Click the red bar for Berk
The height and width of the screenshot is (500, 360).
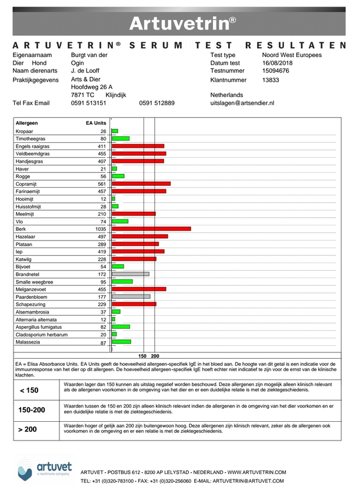coord(151,228)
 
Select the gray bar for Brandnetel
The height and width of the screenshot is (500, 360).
coord(130,274)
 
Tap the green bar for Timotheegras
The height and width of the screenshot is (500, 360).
coord(121,139)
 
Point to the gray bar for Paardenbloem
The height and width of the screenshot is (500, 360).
coord(131,297)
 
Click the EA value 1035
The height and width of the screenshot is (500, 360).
coord(101,228)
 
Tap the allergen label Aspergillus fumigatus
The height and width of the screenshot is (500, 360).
coord(39,327)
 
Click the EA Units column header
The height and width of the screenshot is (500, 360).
coord(96,124)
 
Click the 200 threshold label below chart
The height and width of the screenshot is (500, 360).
coord(155,356)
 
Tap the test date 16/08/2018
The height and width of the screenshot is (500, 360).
coord(278,63)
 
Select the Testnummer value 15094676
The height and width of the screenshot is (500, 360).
coord(276,71)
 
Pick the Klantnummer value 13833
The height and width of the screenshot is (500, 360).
coord(271,79)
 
